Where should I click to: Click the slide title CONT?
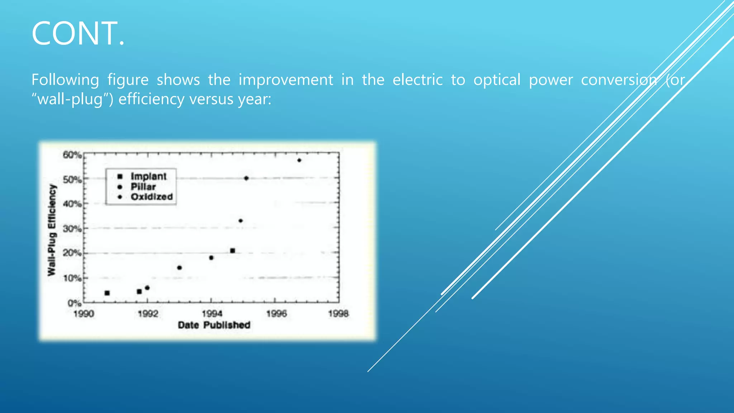pos(78,34)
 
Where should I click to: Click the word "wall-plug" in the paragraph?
pos(70,99)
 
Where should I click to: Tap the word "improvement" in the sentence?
pos(286,80)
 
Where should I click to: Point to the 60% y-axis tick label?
pos(72,155)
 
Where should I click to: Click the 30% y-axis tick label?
pos(72,228)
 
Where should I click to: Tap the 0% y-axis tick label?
pos(74,303)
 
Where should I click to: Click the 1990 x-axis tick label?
pos(84,314)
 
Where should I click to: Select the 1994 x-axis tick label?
pos(212,314)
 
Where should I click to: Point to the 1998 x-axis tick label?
pos(338,314)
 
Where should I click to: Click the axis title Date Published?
pos(214,325)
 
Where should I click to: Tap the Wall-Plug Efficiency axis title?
pos(52,230)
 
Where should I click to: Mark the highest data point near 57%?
pos(299,160)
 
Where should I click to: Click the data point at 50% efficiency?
pos(246,178)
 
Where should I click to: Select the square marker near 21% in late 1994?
pos(233,251)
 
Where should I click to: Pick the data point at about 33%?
pos(240,221)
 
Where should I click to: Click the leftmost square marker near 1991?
pos(107,293)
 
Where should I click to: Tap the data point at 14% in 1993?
pos(180,268)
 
